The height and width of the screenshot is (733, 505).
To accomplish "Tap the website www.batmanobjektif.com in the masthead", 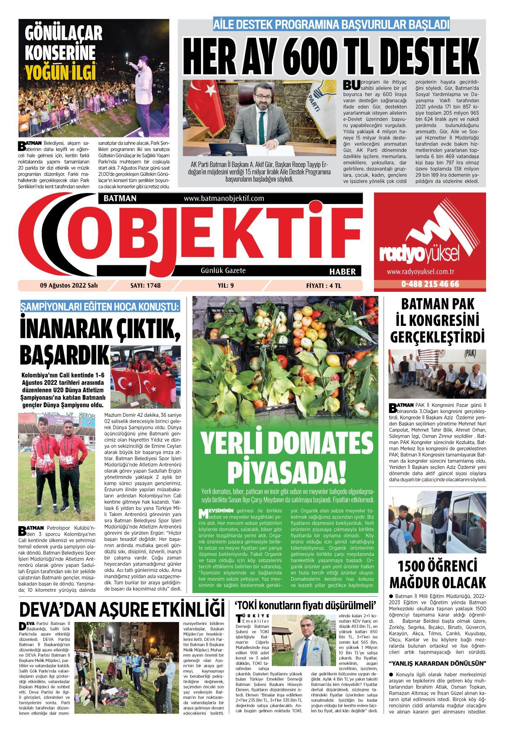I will coord(224,198).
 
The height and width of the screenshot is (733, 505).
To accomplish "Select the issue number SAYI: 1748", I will coord(146,286).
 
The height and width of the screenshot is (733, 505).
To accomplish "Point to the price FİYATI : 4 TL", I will coord(324,286).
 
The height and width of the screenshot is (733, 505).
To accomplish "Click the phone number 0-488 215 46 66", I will coord(430,284).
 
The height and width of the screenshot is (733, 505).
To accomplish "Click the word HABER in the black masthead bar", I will coord(342,272).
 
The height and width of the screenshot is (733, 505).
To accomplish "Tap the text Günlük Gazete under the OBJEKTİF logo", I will coord(223,270).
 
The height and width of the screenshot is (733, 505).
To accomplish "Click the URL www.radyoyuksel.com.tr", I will coord(429,272).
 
